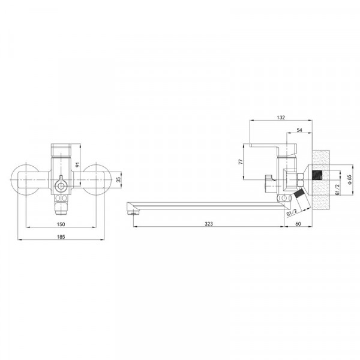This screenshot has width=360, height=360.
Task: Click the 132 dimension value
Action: (281, 118)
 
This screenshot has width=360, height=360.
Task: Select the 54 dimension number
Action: (299, 130)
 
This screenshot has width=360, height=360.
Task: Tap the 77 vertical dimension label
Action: (241, 161)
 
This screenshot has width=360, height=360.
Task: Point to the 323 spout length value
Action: (209, 224)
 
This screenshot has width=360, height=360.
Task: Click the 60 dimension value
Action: (298, 224)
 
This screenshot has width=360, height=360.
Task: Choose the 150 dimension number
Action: (61, 224)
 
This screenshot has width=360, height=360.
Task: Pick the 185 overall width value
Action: (61, 237)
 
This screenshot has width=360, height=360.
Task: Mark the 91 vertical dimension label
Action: (77, 164)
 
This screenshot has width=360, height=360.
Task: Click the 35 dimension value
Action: (118, 179)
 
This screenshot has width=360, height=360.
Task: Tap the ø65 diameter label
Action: (349, 179)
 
